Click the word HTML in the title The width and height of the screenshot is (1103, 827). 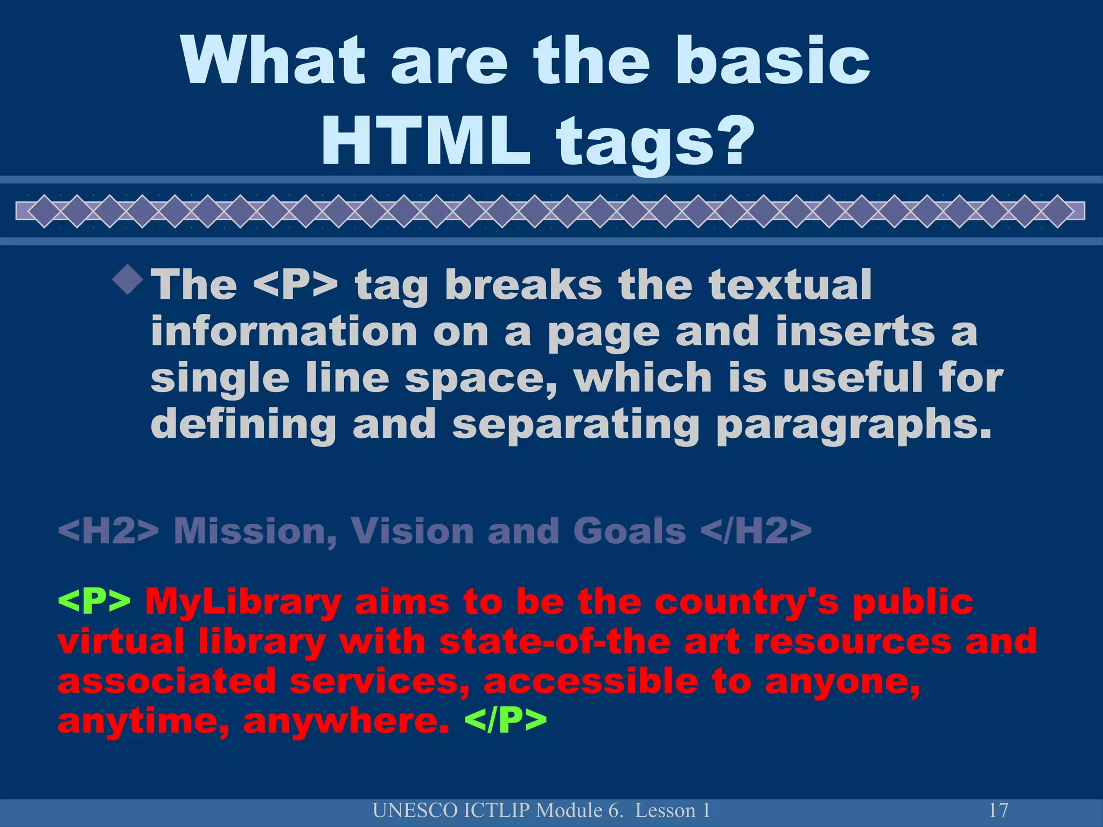tap(425, 142)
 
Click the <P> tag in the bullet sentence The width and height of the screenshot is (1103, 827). tap(295, 285)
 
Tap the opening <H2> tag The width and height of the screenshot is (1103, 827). tap(108, 531)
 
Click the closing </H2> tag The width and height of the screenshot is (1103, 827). tap(756, 531)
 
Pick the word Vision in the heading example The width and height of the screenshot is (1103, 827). tap(413, 531)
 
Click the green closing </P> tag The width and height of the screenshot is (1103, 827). tap(505, 721)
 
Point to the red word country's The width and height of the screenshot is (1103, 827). tap(746, 601)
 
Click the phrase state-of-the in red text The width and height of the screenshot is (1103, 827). tap(555, 642)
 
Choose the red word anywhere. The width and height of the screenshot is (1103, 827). tap(346, 721)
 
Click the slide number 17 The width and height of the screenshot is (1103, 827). tap(999, 810)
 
